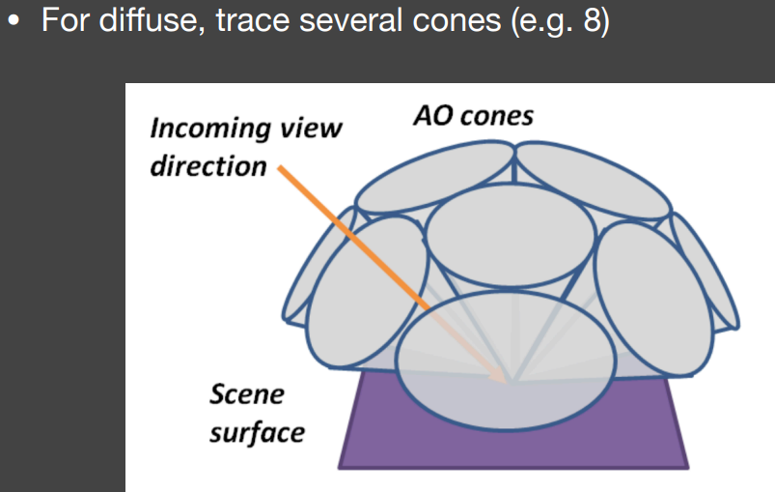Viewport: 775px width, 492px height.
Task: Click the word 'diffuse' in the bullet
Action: [152, 20]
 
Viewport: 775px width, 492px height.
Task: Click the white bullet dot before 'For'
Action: [14, 21]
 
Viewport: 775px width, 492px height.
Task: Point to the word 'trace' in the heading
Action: [253, 21]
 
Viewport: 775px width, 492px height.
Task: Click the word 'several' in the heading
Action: [351, 21]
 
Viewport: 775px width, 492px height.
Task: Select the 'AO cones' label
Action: [474, 116]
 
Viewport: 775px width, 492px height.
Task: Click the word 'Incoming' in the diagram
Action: [210, 129]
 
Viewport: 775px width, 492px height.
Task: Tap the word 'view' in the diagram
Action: [311, 129]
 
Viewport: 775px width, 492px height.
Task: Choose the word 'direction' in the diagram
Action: [208, 166]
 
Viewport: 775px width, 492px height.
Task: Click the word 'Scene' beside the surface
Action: [247, 394]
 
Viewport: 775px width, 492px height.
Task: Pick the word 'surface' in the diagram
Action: [257, 433]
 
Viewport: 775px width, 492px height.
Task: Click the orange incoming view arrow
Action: [392, 275]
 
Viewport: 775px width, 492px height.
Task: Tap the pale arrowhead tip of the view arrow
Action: [507, 383]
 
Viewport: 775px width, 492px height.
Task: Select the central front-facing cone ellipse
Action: [511, 235]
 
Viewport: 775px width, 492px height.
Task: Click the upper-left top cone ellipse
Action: [435, 177]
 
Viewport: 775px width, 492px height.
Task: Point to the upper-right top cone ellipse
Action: [593, 179]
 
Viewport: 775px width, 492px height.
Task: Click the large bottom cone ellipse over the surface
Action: [505, 361]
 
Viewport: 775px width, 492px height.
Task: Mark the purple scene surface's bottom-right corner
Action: [688, 467]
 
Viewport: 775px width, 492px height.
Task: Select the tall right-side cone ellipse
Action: [654, 298]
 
